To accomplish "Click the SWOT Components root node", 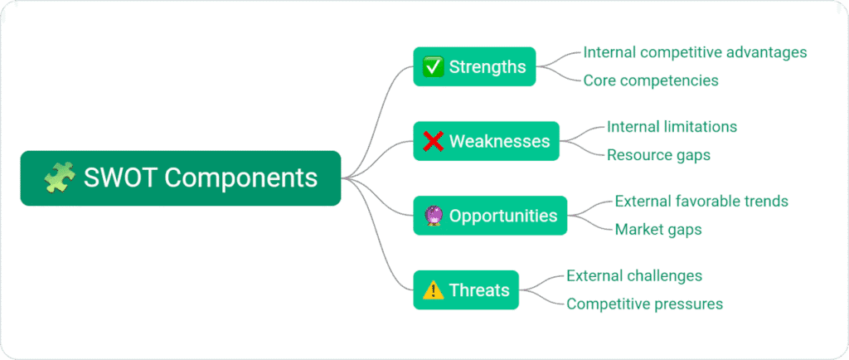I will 180,178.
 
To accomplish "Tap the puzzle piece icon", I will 59,178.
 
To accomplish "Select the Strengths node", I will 474,66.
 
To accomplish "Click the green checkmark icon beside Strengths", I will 433,66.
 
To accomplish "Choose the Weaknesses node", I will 486,141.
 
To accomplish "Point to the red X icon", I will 433,141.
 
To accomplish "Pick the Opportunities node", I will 490,216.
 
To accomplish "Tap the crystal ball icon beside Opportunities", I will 433,216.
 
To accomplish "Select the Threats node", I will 466,290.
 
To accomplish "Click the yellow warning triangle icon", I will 433,290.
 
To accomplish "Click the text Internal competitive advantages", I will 695,52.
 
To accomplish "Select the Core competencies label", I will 650,80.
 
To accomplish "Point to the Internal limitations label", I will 672,127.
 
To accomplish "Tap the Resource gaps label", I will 658,155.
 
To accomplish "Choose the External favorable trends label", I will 701,202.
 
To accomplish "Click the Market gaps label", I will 658,230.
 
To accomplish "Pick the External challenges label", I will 634,276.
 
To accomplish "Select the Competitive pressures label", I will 644,304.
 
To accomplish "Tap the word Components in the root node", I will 241,178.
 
